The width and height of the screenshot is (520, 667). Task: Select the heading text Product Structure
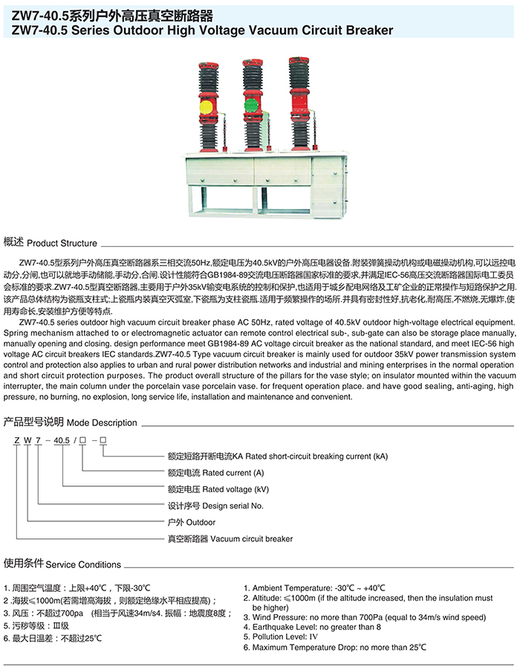pyautogui.click(x=62, y=243)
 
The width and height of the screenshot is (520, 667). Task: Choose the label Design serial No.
pyautogui.click(x=216, y=506)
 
